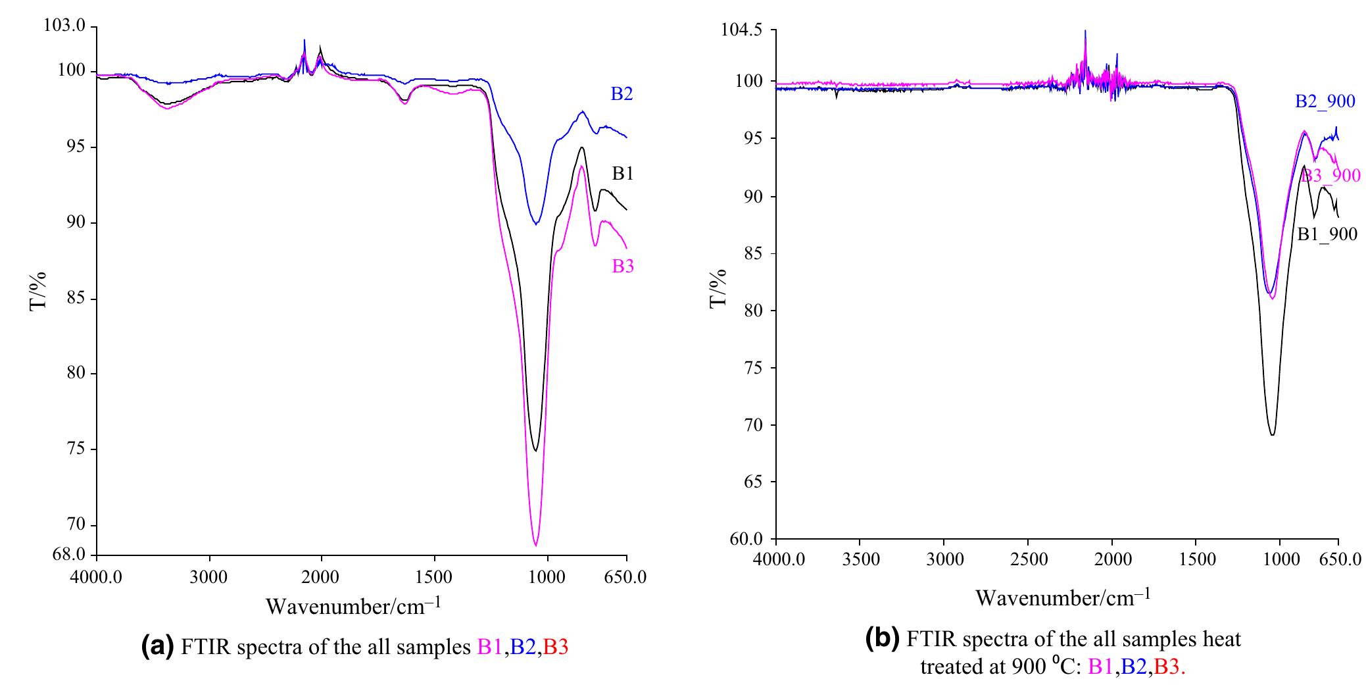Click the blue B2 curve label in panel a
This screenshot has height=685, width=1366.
(x=622, y=94)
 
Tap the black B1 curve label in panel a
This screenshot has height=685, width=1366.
(x=622, y=174)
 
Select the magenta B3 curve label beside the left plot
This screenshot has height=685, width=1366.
(x=622, y=266)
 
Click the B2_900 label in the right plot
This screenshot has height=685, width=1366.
(x=1325, y=102)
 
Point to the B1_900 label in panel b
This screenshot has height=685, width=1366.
(x=1327, y=234)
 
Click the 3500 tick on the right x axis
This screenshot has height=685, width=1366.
(x=860, y=560)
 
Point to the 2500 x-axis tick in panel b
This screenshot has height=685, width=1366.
(x=1028, y=560)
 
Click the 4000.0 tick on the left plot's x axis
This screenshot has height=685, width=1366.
(x=97, y=577)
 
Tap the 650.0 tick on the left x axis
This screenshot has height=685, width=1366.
(x=626, y=577)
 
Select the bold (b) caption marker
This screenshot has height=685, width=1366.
(x=883, y=638)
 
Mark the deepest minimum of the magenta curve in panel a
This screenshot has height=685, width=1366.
(x=535, y=545)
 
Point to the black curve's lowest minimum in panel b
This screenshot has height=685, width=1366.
(x=1272, y=435)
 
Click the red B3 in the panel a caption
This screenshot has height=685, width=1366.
(x=556, y=647)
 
